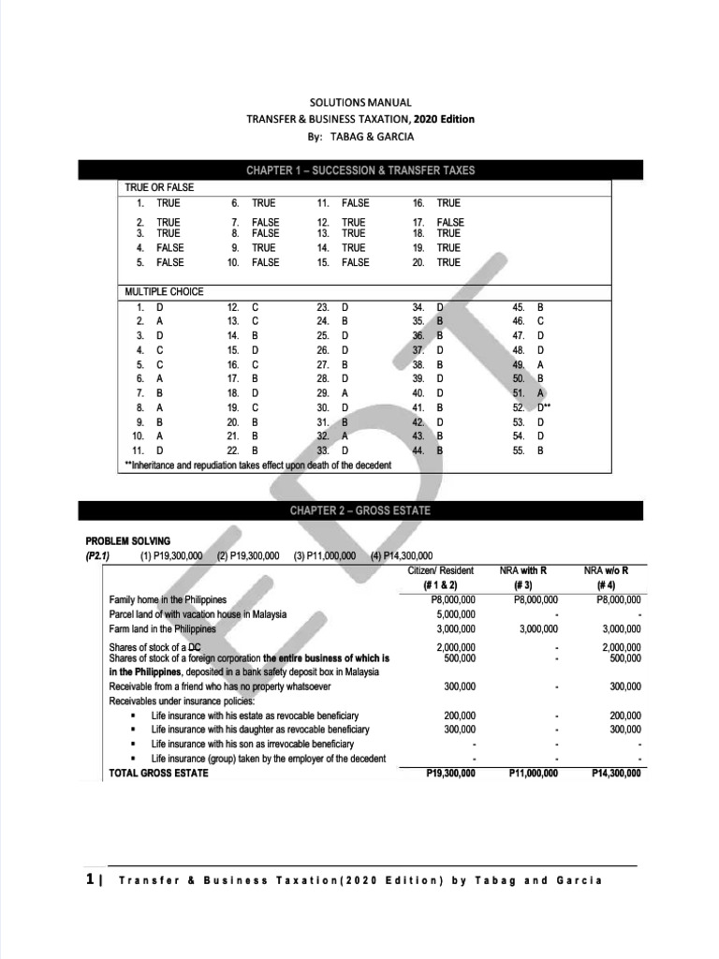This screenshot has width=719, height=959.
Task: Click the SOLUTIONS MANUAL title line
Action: click(x=360, y=102)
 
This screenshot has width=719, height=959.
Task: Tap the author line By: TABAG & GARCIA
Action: click(x=360, y=136)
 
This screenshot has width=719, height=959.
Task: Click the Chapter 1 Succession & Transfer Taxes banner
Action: click(x=360, y=170)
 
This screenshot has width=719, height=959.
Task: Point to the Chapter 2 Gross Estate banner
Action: click(x=360, y=511)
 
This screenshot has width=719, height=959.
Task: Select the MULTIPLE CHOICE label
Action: click(x=164, y=292)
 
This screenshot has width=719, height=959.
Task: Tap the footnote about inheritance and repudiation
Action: click(x=258, y=465)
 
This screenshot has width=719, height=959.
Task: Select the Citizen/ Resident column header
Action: click(x=442, y=570)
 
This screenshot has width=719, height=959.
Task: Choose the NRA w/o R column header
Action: click(x=612, y=570)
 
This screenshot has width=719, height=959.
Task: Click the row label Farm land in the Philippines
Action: click(x=163, y=628)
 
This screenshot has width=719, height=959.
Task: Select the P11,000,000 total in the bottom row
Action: click(x=534, y=774)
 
